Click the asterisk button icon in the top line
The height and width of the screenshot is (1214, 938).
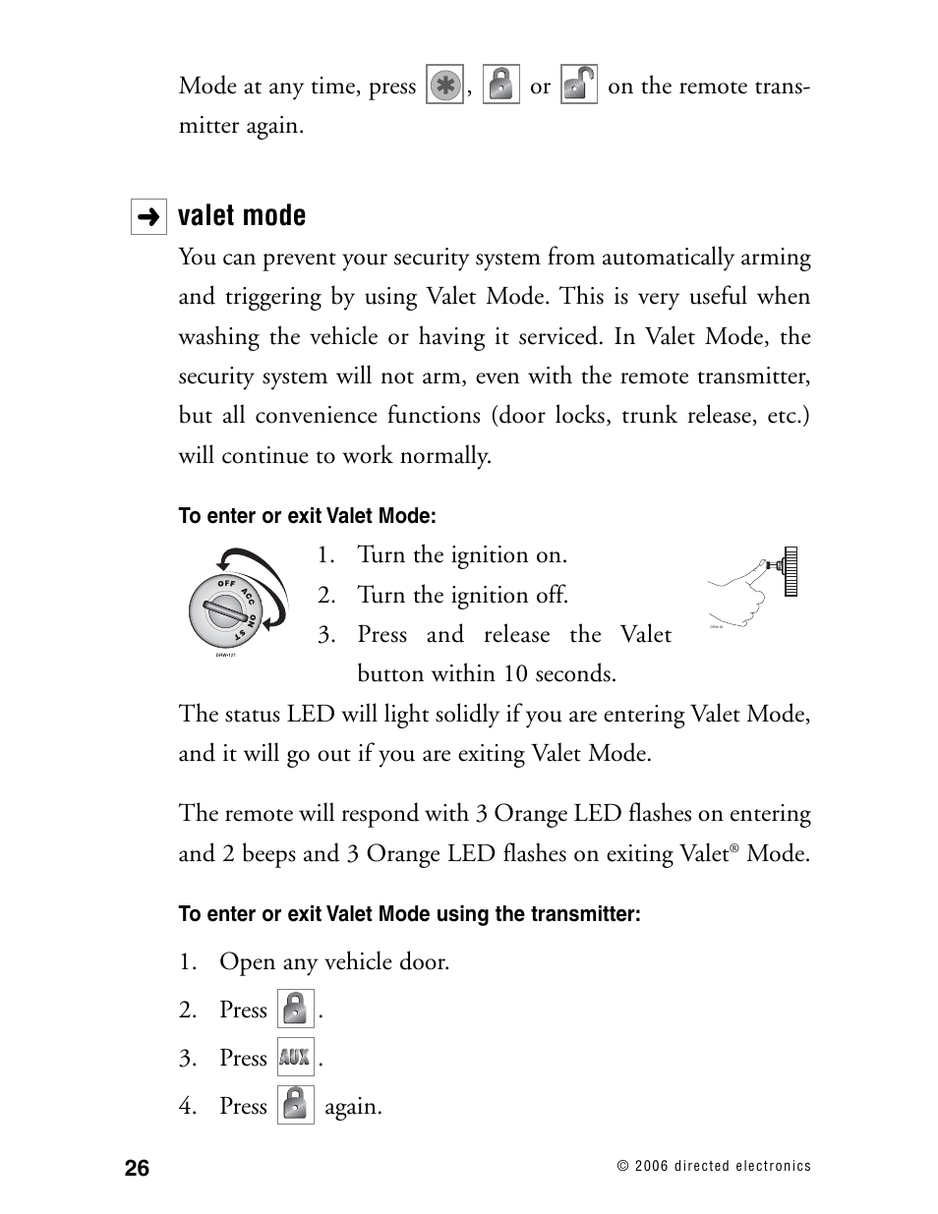(x=444, y=86)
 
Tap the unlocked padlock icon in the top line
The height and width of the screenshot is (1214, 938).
(x=578, y=86)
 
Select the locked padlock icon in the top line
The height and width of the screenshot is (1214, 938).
(x=501, y=86)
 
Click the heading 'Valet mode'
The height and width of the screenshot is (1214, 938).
(x=242, y=216)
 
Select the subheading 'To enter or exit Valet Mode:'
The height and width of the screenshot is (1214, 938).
(x=307, y=516)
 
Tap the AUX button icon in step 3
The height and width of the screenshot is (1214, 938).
(x=295, y=1058)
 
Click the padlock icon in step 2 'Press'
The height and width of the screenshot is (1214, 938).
(x=295, y=1010)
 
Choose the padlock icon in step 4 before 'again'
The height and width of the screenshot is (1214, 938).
(x=295, y=1106)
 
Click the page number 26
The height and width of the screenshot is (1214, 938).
(x=138, y=1168)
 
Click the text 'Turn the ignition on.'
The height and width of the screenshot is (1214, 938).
(x=462, y=555)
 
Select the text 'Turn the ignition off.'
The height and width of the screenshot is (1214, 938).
(x=462, y=596)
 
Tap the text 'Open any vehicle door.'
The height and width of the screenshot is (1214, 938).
(x=334, y=961)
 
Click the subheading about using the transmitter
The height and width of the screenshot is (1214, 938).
(x=409, y=914)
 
